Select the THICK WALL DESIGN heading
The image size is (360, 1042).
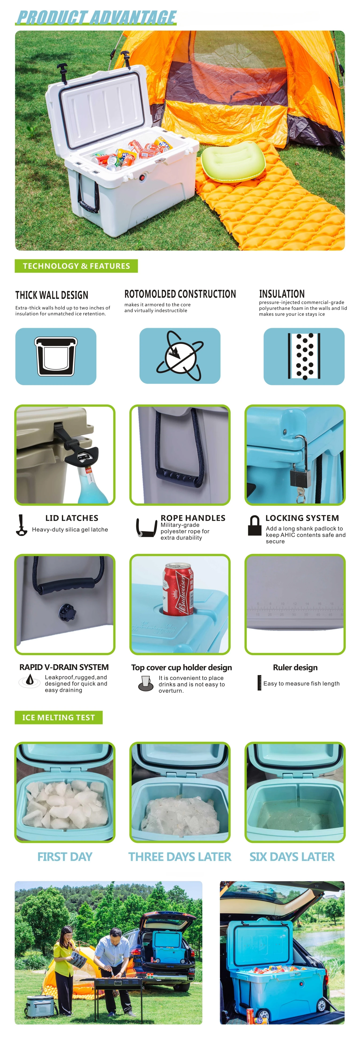(52, 295)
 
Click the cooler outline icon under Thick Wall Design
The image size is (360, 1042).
(56, 356)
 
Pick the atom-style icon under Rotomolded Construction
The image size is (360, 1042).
(180, 356)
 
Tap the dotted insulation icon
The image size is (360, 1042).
(304, 356)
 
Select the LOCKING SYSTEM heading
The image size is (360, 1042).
(302, 518)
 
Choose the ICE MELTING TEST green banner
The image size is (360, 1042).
(59, 717)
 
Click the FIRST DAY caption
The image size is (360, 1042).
(65, 857)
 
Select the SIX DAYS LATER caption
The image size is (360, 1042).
(292, 857)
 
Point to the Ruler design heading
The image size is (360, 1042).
(295, 667)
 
